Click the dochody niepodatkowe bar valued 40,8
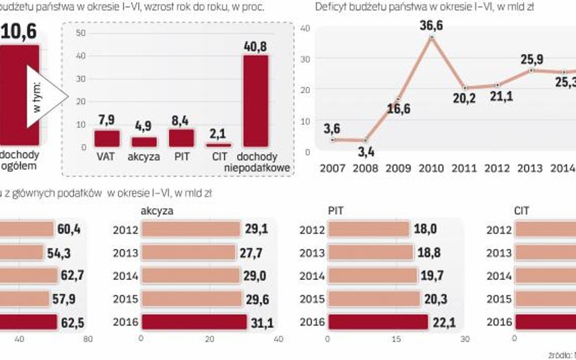click(x=255, y=101)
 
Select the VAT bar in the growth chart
click(x=106, y=138)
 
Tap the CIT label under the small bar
click(x=218, y=155)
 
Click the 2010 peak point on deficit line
click(x=432, y=38)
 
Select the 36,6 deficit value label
click(x=432, y=25)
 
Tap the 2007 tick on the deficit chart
click(x=332, y=168)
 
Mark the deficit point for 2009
click(x=399, y=100)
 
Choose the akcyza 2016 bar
click(x=194, y=322)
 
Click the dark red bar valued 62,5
click(x=27, y=322)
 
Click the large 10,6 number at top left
click(x=19, y=30)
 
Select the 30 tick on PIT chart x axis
click(x=465, y=338)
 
